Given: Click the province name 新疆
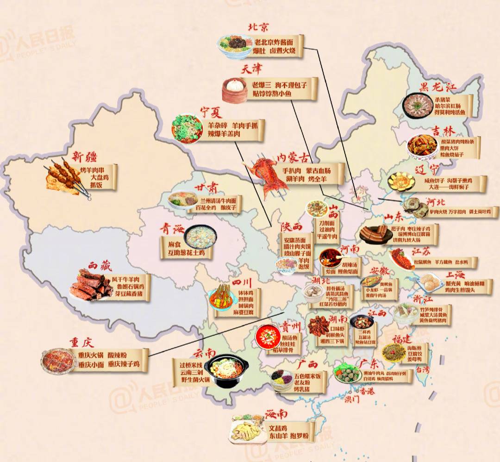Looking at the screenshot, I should [84, 156].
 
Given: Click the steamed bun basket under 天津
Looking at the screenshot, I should [235, 90].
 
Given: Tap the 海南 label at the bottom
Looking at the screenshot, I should [276, 413].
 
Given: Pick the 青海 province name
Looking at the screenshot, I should [172, 229].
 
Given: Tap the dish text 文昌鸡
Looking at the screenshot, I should [278, 428].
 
